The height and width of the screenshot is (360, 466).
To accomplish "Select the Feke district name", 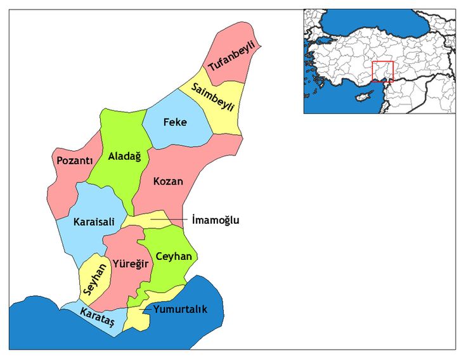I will [175, 122].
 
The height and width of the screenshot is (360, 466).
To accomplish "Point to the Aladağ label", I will [124, 156].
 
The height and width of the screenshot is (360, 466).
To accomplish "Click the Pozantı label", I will [75, 160].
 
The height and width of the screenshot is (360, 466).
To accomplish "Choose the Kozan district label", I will [168, 181].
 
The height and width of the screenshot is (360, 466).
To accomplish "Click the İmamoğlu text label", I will [216, 220].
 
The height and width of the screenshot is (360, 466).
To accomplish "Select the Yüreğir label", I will [131, 262].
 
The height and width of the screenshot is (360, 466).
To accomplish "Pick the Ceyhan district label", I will [173, 256].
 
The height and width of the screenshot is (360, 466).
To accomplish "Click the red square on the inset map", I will [382, 71].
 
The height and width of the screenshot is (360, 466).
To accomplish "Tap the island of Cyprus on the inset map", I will [363, 98].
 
